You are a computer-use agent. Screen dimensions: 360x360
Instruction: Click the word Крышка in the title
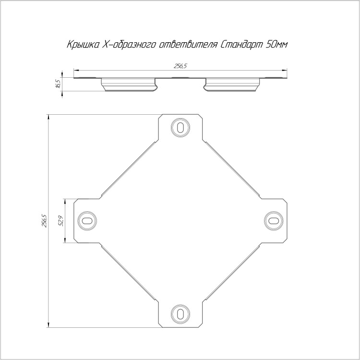click(x=83, y=45)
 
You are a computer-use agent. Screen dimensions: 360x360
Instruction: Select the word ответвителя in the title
click(x=188, y=45)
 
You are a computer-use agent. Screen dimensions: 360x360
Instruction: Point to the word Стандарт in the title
click(x=241, y=45)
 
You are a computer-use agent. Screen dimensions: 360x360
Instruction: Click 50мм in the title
click(x=276, y=45)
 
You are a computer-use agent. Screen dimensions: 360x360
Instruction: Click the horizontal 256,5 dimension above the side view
click(x=180, y=66)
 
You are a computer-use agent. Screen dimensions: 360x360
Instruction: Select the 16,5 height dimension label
click(x=58, y=83)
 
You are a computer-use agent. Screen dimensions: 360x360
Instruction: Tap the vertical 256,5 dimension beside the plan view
click(x=44, y=221)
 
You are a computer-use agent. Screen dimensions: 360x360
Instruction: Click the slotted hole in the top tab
click(x=180, y=127)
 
